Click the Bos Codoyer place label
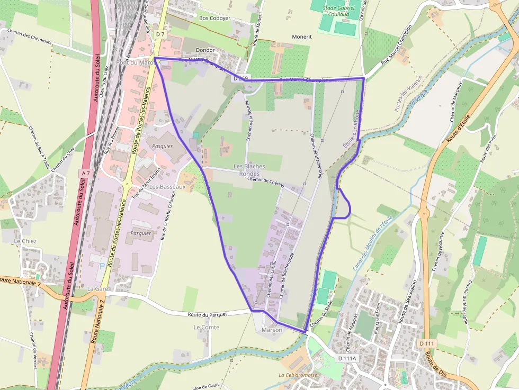click(x=214, y=18)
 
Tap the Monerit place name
click(x=302, y=37)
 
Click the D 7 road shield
click(x=160, y=34)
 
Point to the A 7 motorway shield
click(x=86, y=173)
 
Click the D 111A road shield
click(x=347, y=358)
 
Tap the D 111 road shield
click(x=426, y=344)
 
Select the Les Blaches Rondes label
click(x=249, y=170)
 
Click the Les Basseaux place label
click(x=167, y=187)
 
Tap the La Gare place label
click(x=97, y=289)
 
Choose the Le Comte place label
click(x=206, y=327)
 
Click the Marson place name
click(x=272, y=330)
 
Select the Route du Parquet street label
click(x=207, y=314)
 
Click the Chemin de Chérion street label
click(x=266, y=183)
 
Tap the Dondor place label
click(x=205, y=50)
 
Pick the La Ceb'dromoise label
click(x=297, y=375)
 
